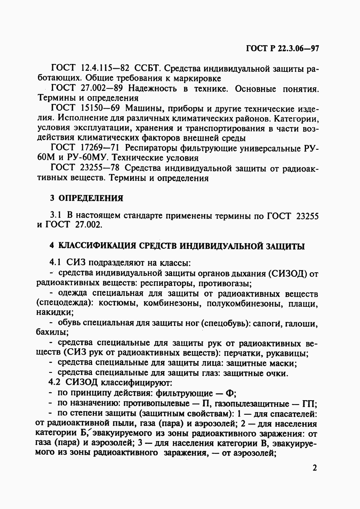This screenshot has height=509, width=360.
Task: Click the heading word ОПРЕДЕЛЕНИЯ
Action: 91,198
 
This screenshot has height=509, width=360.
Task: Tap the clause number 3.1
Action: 56,216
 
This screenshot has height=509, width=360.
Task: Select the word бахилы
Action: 51,333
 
